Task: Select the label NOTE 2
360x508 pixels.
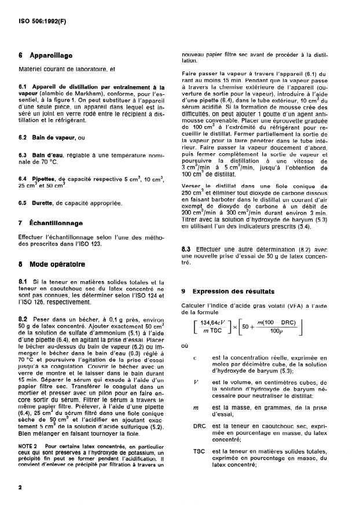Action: pos(31,446)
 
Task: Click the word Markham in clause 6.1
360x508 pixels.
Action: pos(98,93)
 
